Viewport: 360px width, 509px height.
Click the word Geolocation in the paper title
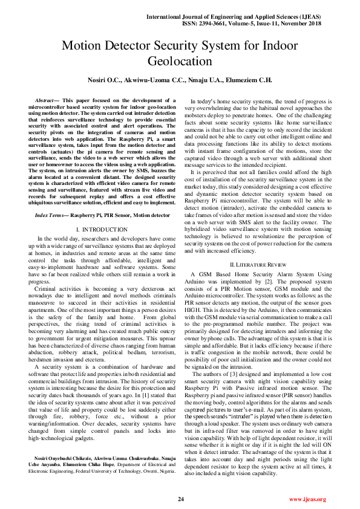tap(180, 61)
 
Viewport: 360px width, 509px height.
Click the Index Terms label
tap(51, 215)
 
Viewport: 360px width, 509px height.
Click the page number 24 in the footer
tap(180, 499)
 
